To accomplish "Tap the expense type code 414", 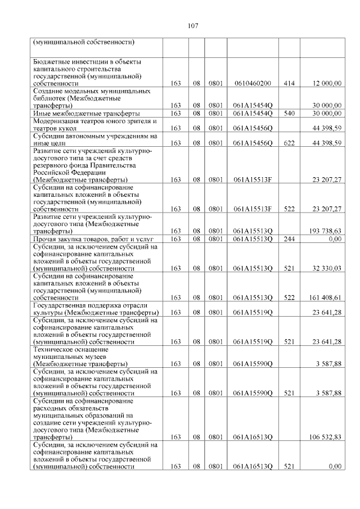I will (x=289, y=83).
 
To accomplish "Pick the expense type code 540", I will (x=289, y=113).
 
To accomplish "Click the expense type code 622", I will (x=289, y=143).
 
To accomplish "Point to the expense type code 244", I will (x=289, y=239).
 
